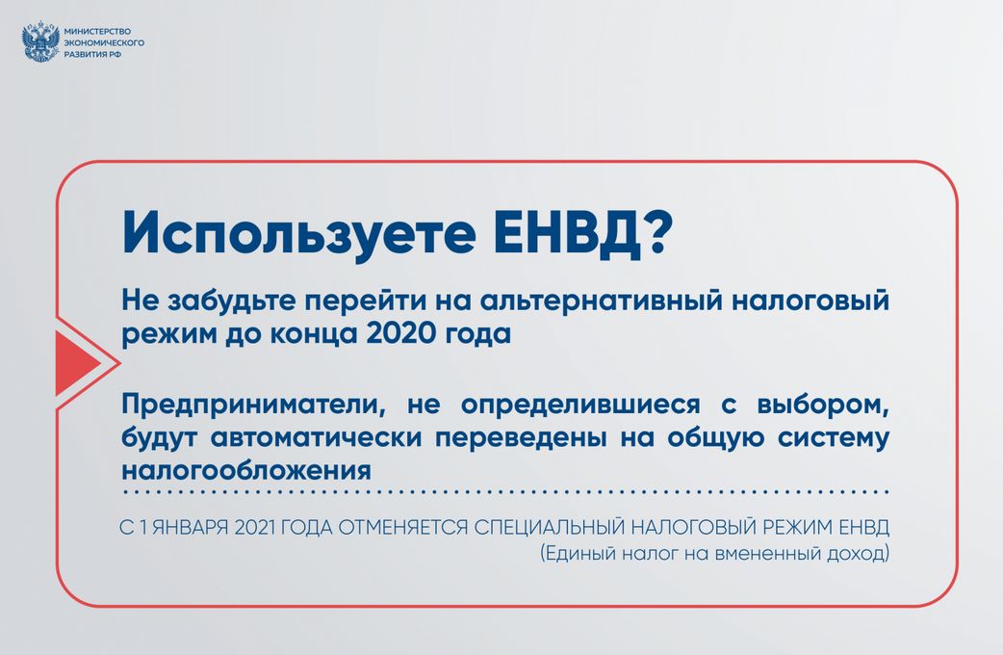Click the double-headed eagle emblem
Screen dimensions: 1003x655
(40, 42)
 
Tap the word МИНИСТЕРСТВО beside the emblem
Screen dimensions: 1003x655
(97, 32)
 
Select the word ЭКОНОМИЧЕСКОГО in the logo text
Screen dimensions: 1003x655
(104, 43)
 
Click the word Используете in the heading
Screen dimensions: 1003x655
(298, 234)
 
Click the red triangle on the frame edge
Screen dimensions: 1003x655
(78, 363)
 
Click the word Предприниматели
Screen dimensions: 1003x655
(257, 405)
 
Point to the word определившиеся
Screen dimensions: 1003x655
(580, 406)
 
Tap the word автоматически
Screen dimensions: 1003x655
(316, 438)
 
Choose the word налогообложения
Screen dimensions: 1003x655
(246, 471)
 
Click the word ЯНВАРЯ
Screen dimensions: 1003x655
(190, 528)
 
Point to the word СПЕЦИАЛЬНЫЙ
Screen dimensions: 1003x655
(549, 527)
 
